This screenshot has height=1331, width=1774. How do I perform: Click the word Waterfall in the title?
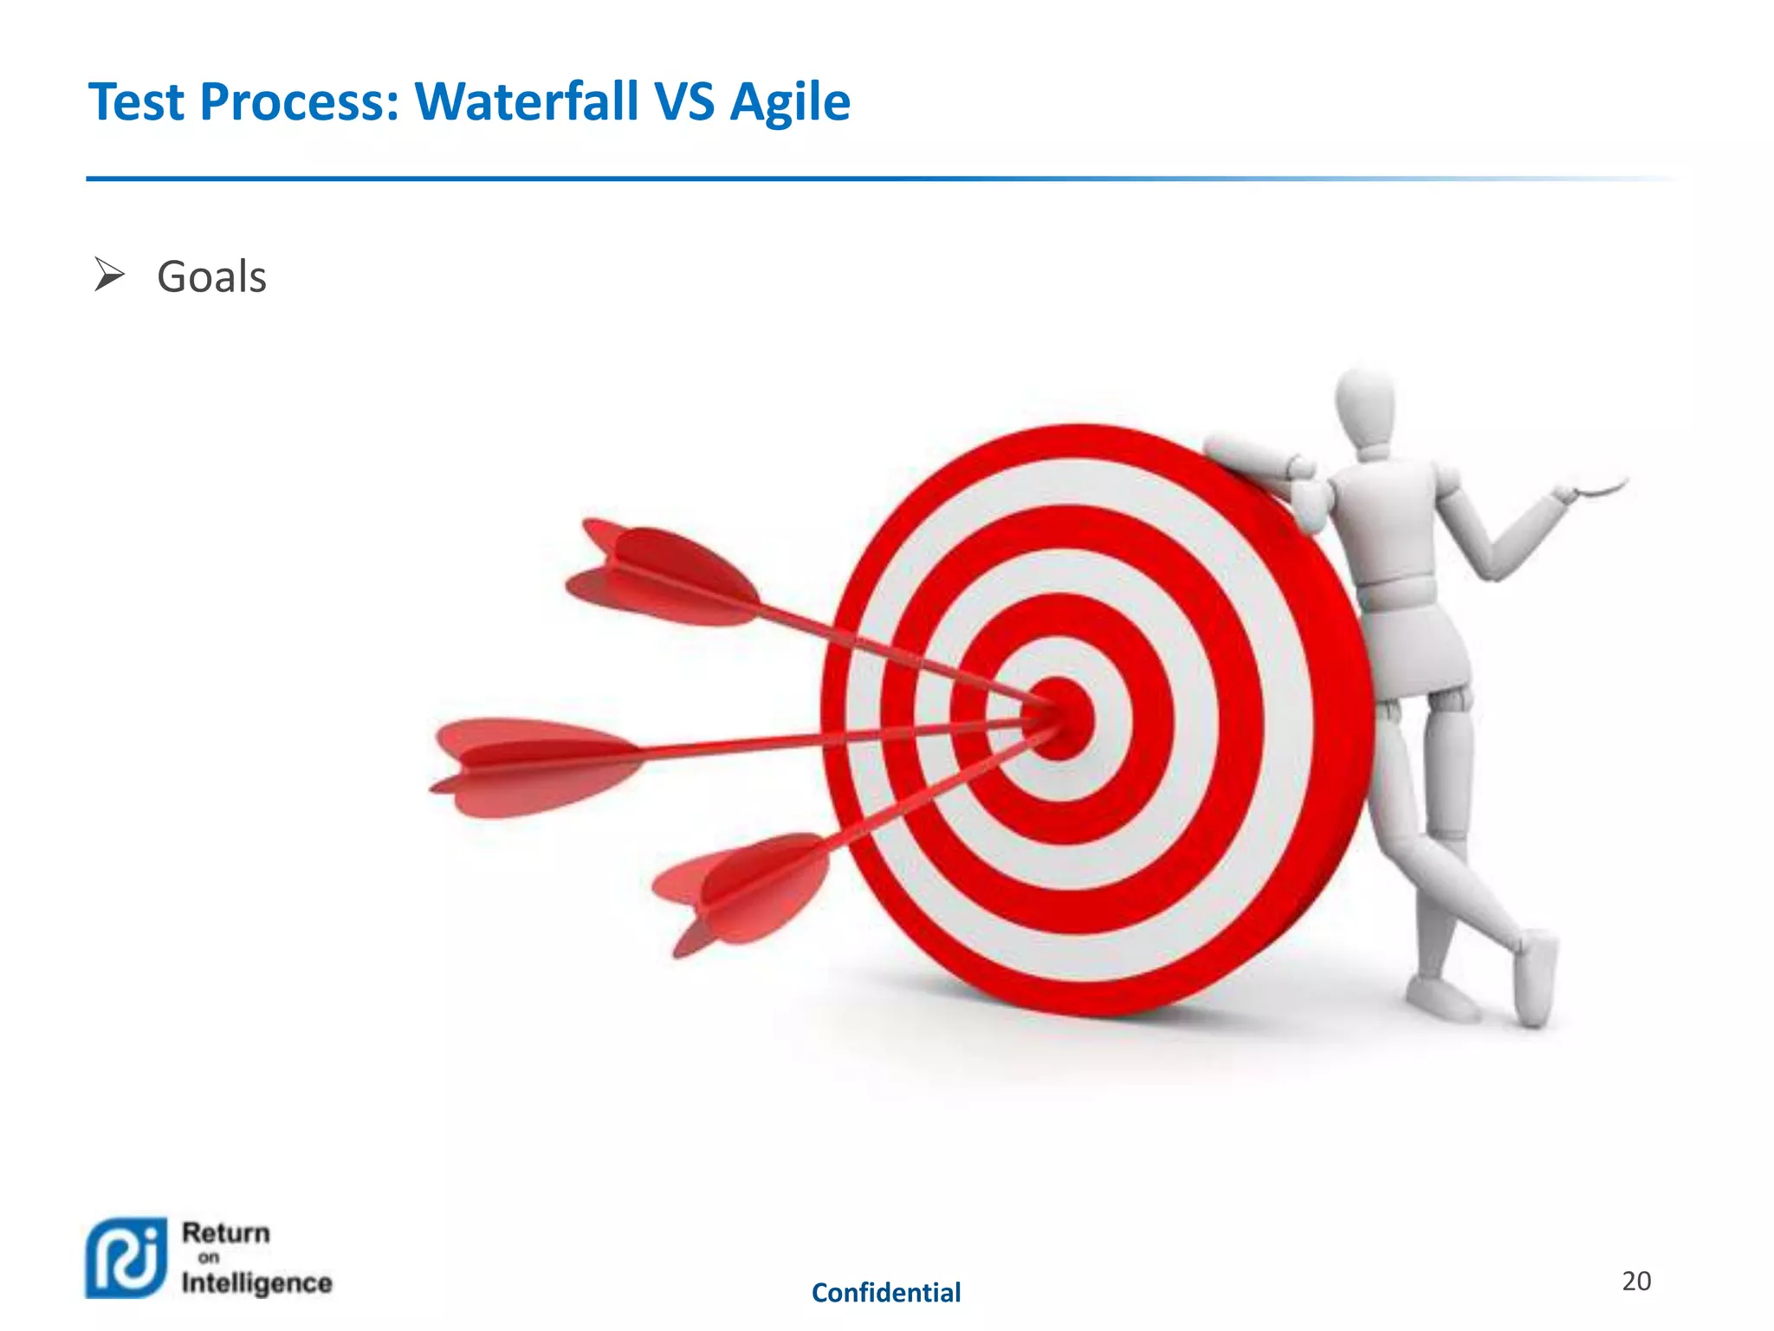coord(527,102)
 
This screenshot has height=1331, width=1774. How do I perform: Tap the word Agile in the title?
coord(789,102)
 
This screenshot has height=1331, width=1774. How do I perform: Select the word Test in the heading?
coord(136,102)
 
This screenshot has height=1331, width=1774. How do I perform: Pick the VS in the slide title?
coord(684,102)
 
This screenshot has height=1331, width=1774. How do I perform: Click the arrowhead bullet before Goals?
coord(109,276)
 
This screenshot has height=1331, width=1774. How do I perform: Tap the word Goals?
coord(211,277)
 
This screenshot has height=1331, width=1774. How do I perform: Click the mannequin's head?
coord(1365,407)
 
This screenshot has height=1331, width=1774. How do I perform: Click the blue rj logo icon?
coord(126,1257)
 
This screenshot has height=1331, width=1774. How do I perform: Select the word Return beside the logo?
coord(226,1232)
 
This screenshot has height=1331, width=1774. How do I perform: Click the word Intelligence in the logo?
coord(256,1282)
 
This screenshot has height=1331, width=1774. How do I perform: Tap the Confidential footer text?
coord(885,1293)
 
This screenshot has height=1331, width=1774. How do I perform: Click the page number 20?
coord(1635,1281)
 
